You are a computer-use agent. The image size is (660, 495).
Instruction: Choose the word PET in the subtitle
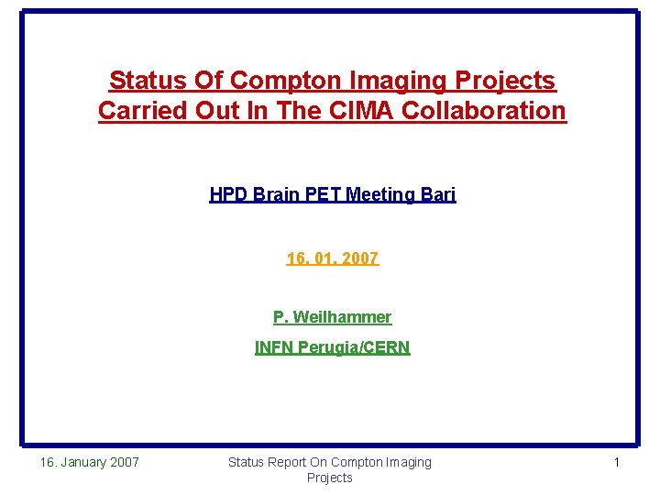pos(317,194)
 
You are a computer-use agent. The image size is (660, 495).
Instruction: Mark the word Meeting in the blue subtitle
pos(378,194)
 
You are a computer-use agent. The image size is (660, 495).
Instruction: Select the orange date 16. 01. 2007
pos(332,258)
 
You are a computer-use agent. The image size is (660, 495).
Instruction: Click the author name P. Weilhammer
pos(332,317)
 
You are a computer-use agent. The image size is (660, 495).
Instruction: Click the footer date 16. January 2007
pos(89,462)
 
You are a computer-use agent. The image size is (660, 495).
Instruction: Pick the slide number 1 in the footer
pos(616,462)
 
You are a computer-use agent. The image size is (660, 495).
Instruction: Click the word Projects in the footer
pos(329,478)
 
